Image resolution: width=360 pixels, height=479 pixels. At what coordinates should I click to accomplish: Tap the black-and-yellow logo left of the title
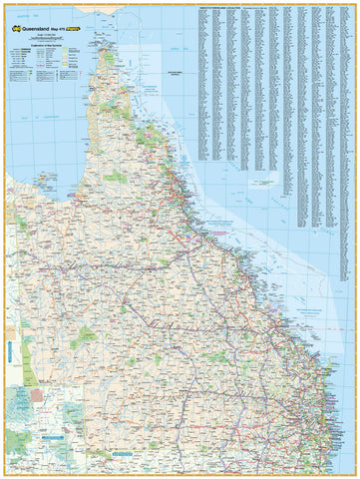[14, 30]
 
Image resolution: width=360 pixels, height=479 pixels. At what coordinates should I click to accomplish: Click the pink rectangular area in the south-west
[39, 395]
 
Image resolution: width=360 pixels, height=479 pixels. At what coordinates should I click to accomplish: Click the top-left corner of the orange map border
[3, 3]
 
